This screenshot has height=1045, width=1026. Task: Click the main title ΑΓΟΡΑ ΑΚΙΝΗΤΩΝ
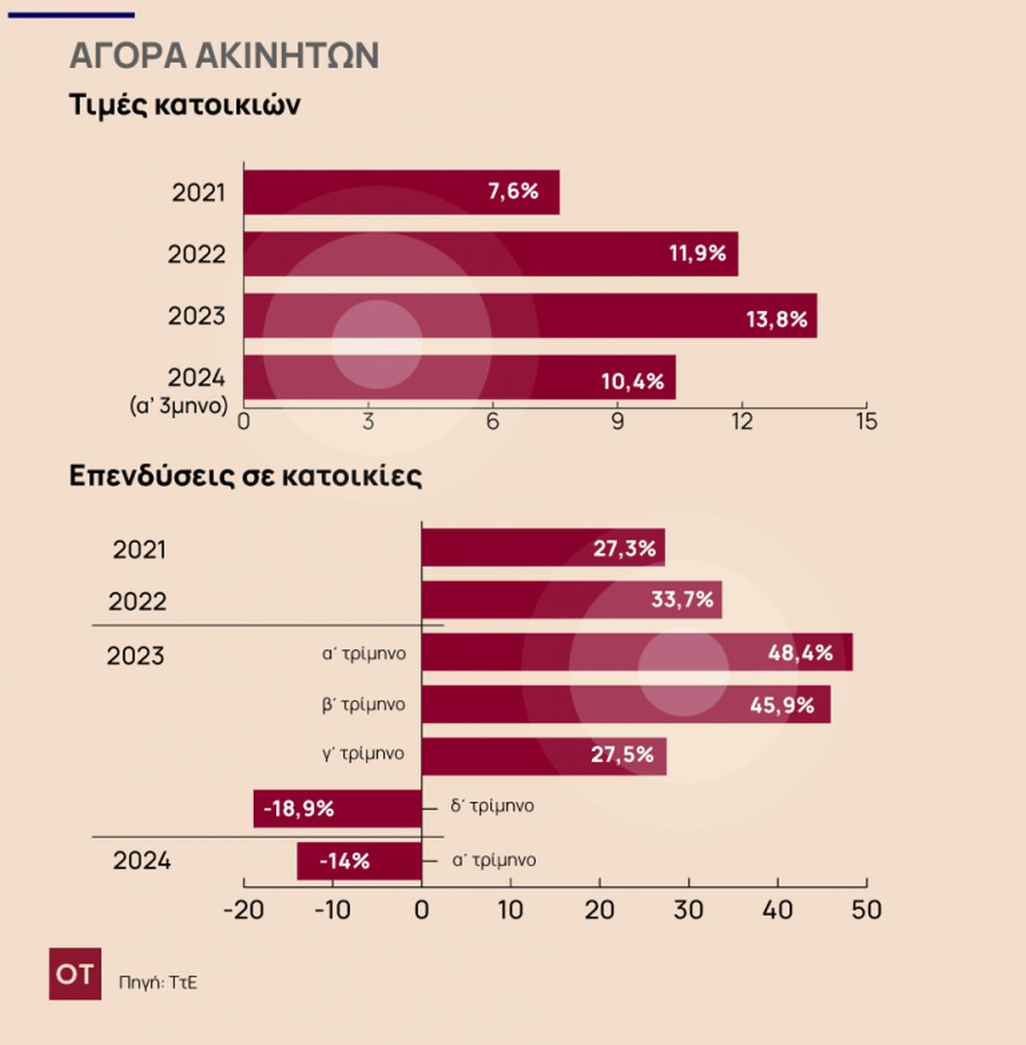pos(224,56)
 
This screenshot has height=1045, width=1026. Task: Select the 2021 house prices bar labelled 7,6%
pos(401,192)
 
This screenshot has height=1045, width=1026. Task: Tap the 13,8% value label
pos(776,319)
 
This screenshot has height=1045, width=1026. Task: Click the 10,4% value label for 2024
pos(632,381)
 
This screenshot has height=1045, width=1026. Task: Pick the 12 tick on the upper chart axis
pos(741,421)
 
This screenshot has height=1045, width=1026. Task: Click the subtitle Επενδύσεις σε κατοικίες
pos(245,475)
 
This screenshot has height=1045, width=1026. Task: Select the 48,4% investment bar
pos(637,652)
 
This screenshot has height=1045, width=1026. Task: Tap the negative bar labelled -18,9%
pos(337,808)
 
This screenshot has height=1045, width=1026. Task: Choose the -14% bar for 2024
pos(359,861)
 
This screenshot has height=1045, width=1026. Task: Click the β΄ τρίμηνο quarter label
pos(363,705)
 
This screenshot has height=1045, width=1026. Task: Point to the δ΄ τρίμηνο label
pos(492,806)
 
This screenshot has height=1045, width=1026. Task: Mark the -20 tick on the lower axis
pos(243,909)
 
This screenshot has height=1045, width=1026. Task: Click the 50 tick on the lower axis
pos(866,909)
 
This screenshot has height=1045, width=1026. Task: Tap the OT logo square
pos(75,973)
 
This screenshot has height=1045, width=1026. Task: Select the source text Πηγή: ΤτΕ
pos(158,983)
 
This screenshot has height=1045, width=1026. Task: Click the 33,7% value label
pos(681,599)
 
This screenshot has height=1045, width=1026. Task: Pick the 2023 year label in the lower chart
pos(135,656)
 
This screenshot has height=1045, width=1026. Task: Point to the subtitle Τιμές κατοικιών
pos(185,104)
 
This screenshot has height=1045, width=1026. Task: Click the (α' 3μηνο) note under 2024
pos(179,405)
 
